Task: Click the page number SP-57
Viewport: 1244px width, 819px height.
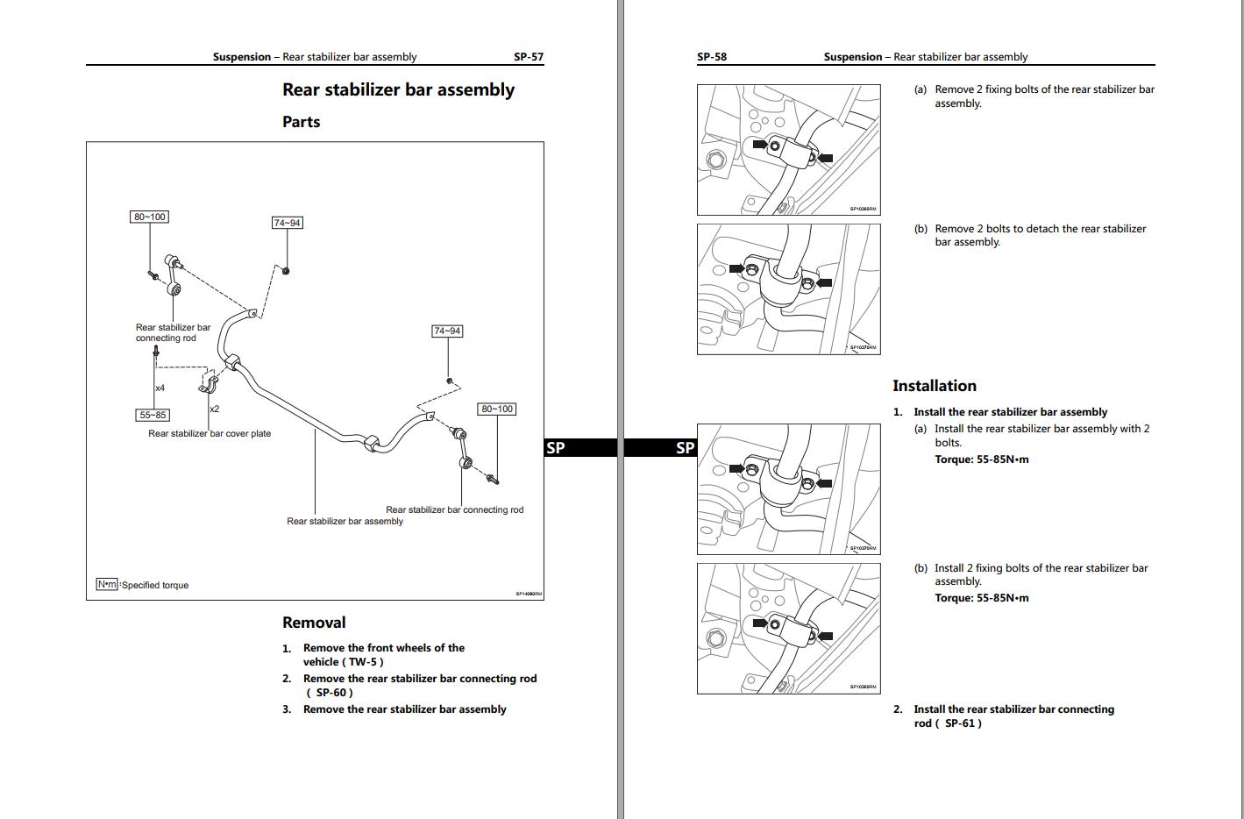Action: click(528, 57)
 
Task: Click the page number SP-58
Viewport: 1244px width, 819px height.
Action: click(711, 57)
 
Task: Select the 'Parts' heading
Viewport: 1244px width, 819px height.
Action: click(301, 122)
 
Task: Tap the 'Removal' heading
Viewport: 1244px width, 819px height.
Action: click(314, 623)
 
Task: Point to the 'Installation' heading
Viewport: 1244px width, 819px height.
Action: click(934, 386)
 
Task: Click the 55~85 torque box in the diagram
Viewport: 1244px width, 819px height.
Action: click(153, 415)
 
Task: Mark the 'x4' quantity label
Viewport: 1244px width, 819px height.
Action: click(160, 388)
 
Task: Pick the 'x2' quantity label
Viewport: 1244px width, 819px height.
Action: click(214, 409)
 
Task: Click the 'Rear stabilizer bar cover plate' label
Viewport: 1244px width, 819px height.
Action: click(210, 433)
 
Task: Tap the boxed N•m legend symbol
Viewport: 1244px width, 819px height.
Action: click(107, 584)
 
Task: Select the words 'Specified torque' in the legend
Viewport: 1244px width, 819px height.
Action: click(155, 585)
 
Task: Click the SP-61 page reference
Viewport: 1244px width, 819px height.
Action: click(959, 723)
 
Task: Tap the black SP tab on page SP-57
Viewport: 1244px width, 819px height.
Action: click(556, 448)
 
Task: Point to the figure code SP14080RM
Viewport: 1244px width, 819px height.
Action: click(529, 595)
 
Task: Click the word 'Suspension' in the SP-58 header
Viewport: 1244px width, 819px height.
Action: click(853, 57)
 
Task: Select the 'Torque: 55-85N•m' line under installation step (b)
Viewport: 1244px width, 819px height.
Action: click(981, 598)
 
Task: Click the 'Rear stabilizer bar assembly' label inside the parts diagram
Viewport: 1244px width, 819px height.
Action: click(345, 521)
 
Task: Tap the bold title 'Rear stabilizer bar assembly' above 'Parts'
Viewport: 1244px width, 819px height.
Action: click(398, 89)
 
